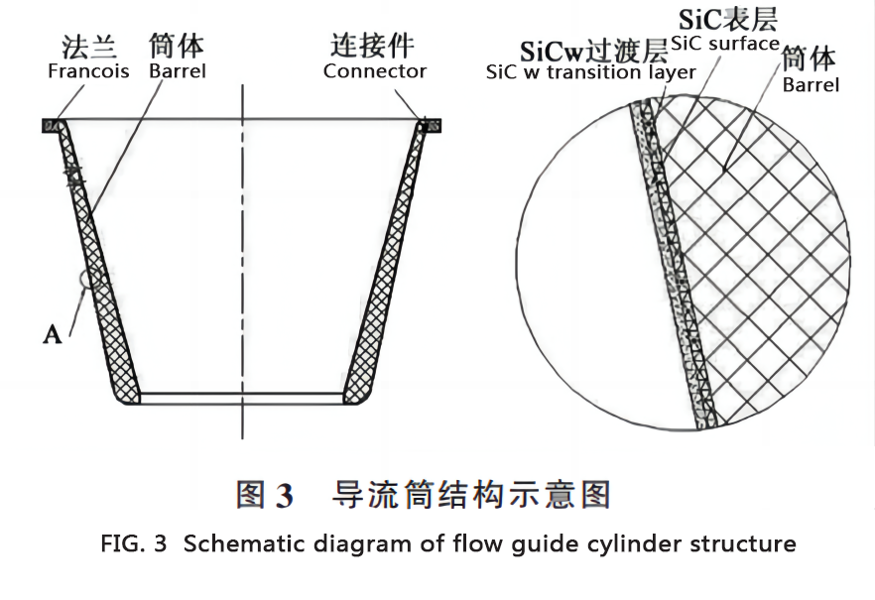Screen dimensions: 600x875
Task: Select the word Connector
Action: (374, 71)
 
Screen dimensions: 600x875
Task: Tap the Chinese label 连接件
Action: (372, 46)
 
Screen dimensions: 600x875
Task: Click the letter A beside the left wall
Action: (53, 334)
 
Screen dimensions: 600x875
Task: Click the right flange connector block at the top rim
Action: (431, 126)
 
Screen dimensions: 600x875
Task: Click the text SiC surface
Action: (724, 44)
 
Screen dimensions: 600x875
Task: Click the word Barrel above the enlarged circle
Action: (811, 84)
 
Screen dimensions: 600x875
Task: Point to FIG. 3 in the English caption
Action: (136, 544)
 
